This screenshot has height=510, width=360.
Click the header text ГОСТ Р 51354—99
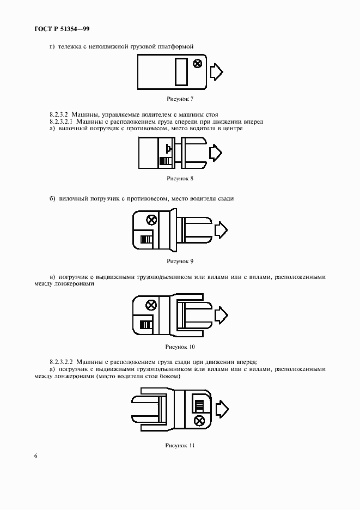[62, 29]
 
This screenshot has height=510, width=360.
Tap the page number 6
[36, 456]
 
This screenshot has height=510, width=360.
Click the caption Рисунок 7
[180, 99]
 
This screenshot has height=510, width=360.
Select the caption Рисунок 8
[180, 179]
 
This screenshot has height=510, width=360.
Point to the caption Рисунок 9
[180, 261]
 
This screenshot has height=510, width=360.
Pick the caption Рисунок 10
[180, 347]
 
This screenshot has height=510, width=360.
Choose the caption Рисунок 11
[180, 446]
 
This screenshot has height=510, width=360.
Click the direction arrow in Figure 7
[217, 72]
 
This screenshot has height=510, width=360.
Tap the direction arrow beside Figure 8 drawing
[216, 153]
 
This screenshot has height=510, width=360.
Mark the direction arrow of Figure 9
[221, 230]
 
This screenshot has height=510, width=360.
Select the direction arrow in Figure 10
[221, 315]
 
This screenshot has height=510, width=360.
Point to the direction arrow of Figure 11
[222, 409]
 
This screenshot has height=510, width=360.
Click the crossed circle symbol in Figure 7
[197, 63]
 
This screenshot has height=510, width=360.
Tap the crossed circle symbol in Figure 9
[151, 220]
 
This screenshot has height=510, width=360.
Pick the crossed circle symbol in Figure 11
[199, 421]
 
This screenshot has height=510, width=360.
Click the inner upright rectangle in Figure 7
[181, 72]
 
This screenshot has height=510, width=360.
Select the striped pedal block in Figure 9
[146, 240]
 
